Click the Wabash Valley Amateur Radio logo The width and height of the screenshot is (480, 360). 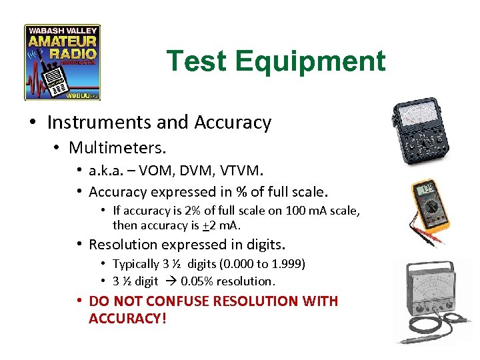click(x=62, y=63)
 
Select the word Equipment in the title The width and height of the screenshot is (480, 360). click(x=311, y=61)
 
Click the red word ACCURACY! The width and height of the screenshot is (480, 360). click(x=127, y=319)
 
